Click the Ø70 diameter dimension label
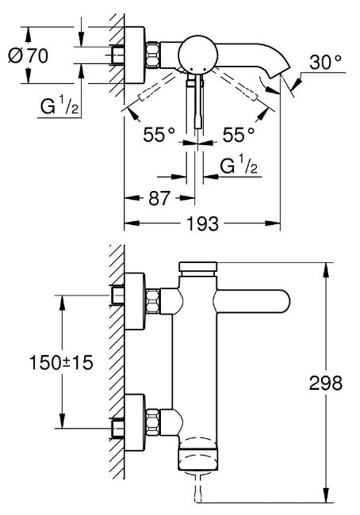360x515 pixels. click(29, 55)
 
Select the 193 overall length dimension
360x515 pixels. click(202, 223)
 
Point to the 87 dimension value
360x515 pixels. click(159, 198)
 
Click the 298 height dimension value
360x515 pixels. click(325, 383)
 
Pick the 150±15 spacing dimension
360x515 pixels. click(62, 363)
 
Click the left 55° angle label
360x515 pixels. click(159, 135)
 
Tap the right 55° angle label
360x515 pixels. click(239, 135)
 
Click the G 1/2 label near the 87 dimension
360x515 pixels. click(239, 166)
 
